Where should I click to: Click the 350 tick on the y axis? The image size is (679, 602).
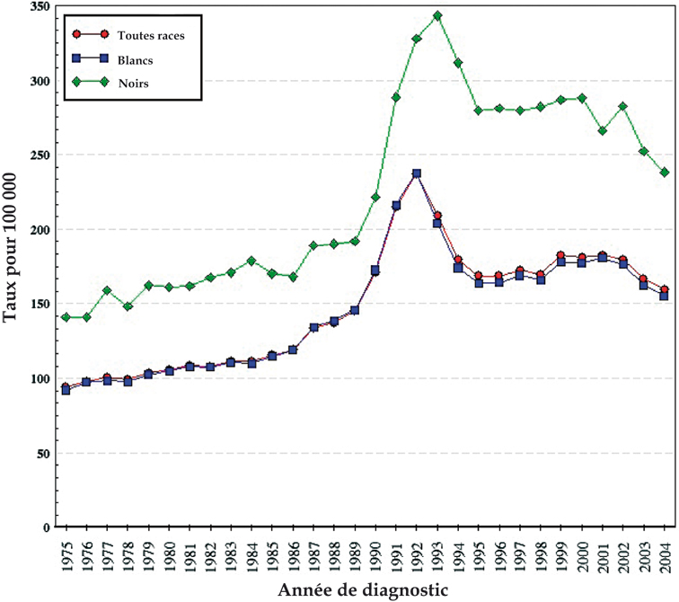[x=38, y=6]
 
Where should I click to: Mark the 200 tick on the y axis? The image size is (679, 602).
[x=38, y=230]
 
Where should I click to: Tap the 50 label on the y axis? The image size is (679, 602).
[x=41, y=454]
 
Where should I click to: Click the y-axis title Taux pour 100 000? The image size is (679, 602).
[x=12, y=265]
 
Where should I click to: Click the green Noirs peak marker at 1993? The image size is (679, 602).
[x=437, y=15]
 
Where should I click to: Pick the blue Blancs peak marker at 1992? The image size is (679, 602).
[x=417, y=173]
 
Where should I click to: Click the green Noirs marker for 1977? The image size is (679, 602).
[x=107, y=290]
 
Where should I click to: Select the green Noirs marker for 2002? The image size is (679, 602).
[x=623, y=106]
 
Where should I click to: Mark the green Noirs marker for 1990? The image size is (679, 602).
[x=375, y=197]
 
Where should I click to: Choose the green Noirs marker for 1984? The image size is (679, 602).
[x=251, y=261]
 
